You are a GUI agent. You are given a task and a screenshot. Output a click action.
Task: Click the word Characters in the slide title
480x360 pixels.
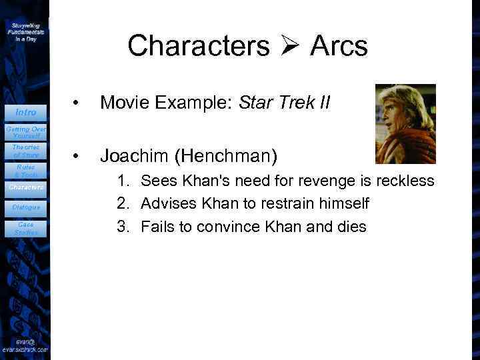tap(198, 46)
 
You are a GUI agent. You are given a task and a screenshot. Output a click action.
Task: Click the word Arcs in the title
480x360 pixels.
tap(338, 46)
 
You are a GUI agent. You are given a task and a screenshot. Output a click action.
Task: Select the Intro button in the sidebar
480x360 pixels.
tap(26, 112)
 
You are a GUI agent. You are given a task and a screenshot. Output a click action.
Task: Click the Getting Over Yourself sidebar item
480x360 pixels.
tap(26, 131)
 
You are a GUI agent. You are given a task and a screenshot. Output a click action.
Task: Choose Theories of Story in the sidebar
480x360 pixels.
tap(26, 151)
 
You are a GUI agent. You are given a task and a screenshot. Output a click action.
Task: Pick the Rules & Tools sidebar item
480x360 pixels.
tap(26, 171)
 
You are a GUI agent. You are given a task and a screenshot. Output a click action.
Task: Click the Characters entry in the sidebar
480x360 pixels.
tap(25, 187)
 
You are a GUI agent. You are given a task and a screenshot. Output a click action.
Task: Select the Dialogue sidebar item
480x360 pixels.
tap(26, 207)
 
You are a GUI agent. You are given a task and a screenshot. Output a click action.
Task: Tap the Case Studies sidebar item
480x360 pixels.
tap(26, 228)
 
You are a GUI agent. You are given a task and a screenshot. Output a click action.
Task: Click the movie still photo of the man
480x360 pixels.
tap(405, 123)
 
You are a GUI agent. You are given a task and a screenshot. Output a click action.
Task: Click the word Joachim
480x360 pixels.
tap(135, 156)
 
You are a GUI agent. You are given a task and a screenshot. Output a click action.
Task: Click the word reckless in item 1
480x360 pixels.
tap(405, 181)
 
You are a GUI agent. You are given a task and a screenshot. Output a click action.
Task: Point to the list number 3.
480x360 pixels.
tap(122, 226)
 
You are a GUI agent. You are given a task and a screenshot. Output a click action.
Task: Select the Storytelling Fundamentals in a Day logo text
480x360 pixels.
tap(26, 31)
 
